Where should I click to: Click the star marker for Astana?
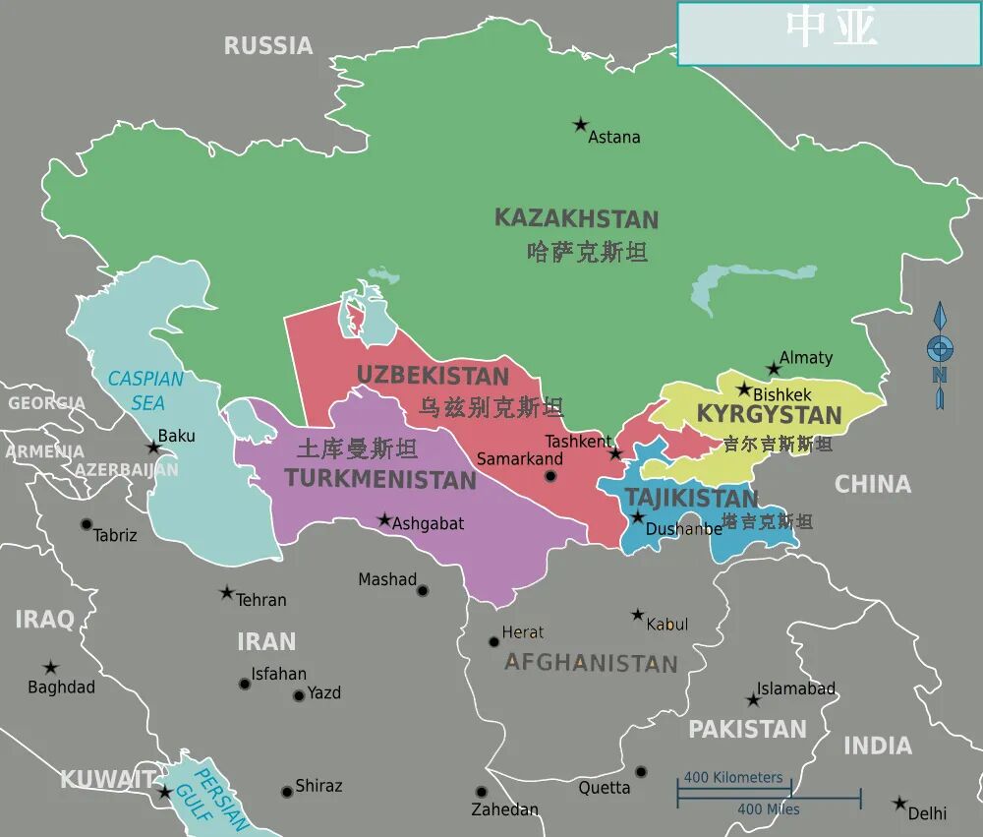pos(581,125)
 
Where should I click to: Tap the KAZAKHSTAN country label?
pos(576,218)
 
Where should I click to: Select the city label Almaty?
pos(805,358)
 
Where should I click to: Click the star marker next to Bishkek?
pos(744,389)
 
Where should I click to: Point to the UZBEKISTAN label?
pos(433,376)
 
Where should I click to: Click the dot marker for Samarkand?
pos(550,476)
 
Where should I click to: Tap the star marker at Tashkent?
pos(615,453)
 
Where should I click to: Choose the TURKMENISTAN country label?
pos(380,480)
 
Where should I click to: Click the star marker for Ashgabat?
pos(384,519)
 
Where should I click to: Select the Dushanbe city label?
pos(684,529)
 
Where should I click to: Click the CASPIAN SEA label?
pos(146,390)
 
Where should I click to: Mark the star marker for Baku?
pos(153,448)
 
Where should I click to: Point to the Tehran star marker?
pos(227,593)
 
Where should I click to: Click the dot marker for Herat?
pos(494,641)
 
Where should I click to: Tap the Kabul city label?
pos(667,625)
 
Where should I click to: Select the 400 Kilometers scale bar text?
pos(733,777)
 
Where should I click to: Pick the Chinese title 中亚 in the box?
pos(831,30)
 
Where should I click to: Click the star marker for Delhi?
pos(899,804)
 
